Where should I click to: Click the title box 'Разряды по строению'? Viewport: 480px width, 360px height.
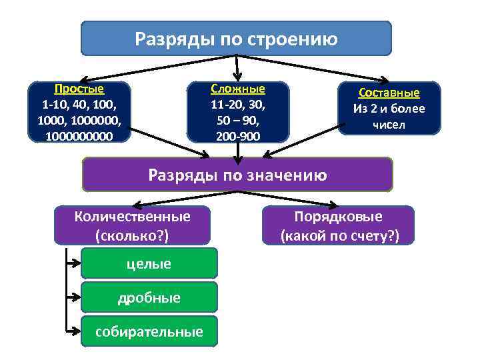click(x=236, y=38)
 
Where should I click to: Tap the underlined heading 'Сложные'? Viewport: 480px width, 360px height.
click(x=237, y=89)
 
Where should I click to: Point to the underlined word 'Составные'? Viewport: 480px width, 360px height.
click(x=389, y=93)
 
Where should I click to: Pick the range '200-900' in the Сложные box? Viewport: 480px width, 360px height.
click(x=237, y=136)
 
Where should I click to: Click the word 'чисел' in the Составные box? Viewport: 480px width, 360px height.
click(x=389, y=125)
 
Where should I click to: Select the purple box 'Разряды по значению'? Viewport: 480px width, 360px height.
click(x=237, y=175)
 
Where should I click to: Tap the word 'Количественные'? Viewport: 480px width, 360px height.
click(x=133, y=216)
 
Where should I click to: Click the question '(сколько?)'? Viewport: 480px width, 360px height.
click(x=133, y=235)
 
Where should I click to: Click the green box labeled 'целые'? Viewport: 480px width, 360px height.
click(x=149, y=263)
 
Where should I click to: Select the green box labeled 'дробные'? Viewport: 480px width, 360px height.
click(x=149, y=297)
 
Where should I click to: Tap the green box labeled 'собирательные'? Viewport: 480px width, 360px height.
click(x=149, y=331)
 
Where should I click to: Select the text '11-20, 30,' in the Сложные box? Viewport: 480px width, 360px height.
click(x=237, y=105)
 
